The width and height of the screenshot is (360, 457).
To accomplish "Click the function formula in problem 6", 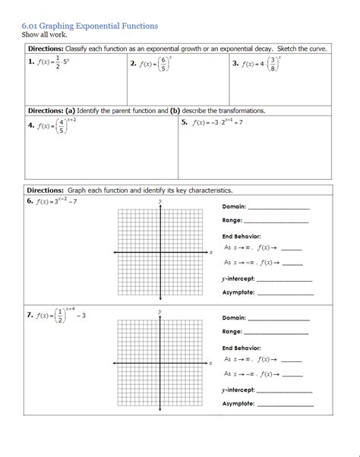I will click(58, 202).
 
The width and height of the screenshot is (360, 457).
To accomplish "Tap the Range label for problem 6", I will click(232, 221).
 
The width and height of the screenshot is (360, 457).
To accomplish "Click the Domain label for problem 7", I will click(234, 318).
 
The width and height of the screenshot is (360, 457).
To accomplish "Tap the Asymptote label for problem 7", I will click(238, 404).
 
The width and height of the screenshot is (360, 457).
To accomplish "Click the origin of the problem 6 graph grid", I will click(160, 251).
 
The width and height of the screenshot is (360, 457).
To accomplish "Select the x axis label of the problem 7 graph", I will click(210, 364).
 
